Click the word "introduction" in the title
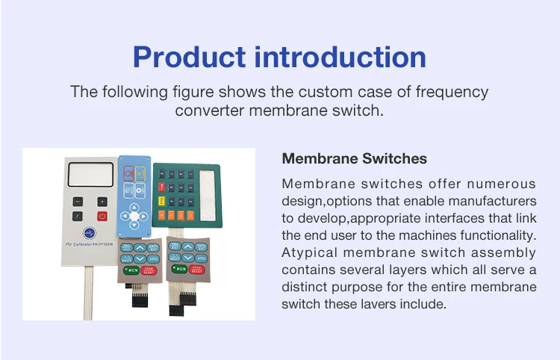tap(343, 57)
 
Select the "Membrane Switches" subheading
tap(354, 158)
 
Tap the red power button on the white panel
tap(102, 217)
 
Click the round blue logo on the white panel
tap(90, 233)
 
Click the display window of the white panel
tap(90, 176)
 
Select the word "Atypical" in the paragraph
tap(307, 253)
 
